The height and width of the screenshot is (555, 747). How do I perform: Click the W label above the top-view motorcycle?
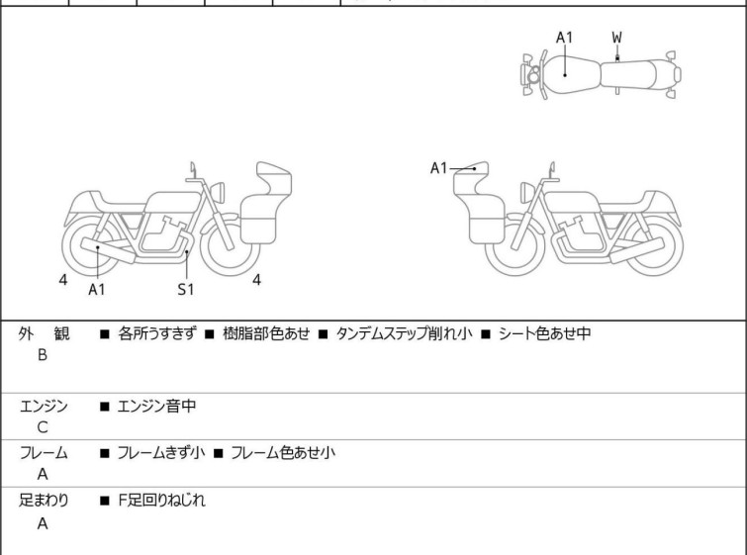[x=617, y=38]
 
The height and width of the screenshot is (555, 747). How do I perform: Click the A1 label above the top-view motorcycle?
[x=564, y=38]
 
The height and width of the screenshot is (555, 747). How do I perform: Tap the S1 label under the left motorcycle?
[x=186, y=289]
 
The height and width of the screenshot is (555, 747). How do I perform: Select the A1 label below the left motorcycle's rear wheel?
[x=97, y=289]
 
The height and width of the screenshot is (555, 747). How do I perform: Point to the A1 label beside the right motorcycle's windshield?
[x=439, y=168]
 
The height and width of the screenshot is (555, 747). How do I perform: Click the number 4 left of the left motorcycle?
[x=62, y=280]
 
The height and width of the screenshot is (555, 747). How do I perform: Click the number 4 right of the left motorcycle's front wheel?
[x=256, y=280]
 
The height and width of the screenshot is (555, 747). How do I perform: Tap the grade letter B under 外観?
[x=43, y=355]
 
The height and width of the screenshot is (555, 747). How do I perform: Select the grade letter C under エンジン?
[x=43, y=427]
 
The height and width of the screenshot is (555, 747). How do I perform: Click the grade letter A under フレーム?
[x=43, y=475]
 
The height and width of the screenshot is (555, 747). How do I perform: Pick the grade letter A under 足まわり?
[x=43, y=524]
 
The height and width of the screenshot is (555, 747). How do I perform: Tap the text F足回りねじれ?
[x=161, y=501]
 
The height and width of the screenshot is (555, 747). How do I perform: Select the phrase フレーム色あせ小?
[x=283, y=453]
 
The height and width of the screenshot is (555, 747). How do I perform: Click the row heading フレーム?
[x=44, y=453]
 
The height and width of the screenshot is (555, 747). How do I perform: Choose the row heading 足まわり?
[x=44, y=501]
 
